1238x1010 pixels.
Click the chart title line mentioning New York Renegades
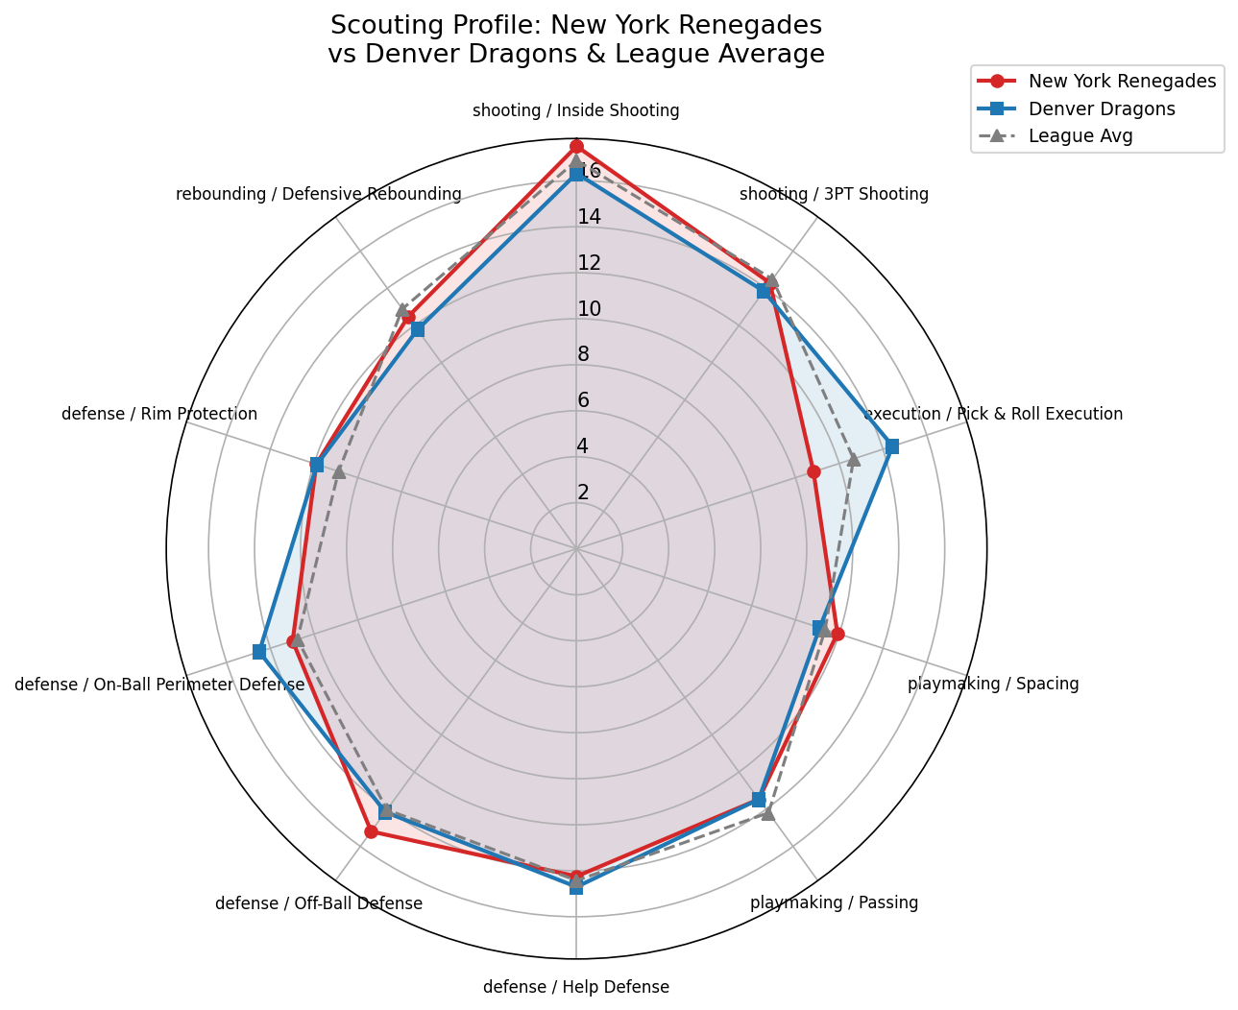tap(575, 25)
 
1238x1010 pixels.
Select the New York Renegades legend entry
tap(1121, 82)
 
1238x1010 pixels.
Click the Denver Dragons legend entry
tap(1101, 108)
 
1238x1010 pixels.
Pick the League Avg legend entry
tap(1080, 136)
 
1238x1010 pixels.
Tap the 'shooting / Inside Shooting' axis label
tap(575, 110)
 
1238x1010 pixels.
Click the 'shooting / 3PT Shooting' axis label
tap(834, 195)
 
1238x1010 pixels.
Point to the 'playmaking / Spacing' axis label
tap(993, 685)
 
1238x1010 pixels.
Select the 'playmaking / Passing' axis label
tap(834, 902)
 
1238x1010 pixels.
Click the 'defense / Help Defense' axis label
tap(575, 987)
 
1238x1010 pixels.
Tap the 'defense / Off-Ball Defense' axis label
tap(319, 903)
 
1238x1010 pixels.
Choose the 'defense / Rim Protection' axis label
tap(159, 415)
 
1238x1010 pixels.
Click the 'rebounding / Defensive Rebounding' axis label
tap(319, 195)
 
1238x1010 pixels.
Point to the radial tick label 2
tap(583, 493)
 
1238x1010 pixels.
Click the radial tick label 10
tap(589, 309)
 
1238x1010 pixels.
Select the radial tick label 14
tap(589, 217)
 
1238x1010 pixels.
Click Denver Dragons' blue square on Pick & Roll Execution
tap(891, 446)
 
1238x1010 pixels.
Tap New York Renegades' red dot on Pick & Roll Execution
tap(813, 471)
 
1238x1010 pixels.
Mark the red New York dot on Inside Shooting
tap(576, 146)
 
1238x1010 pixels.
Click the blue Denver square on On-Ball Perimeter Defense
tap(258, 652)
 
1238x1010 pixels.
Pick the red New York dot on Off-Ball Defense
tap(371, 831)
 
